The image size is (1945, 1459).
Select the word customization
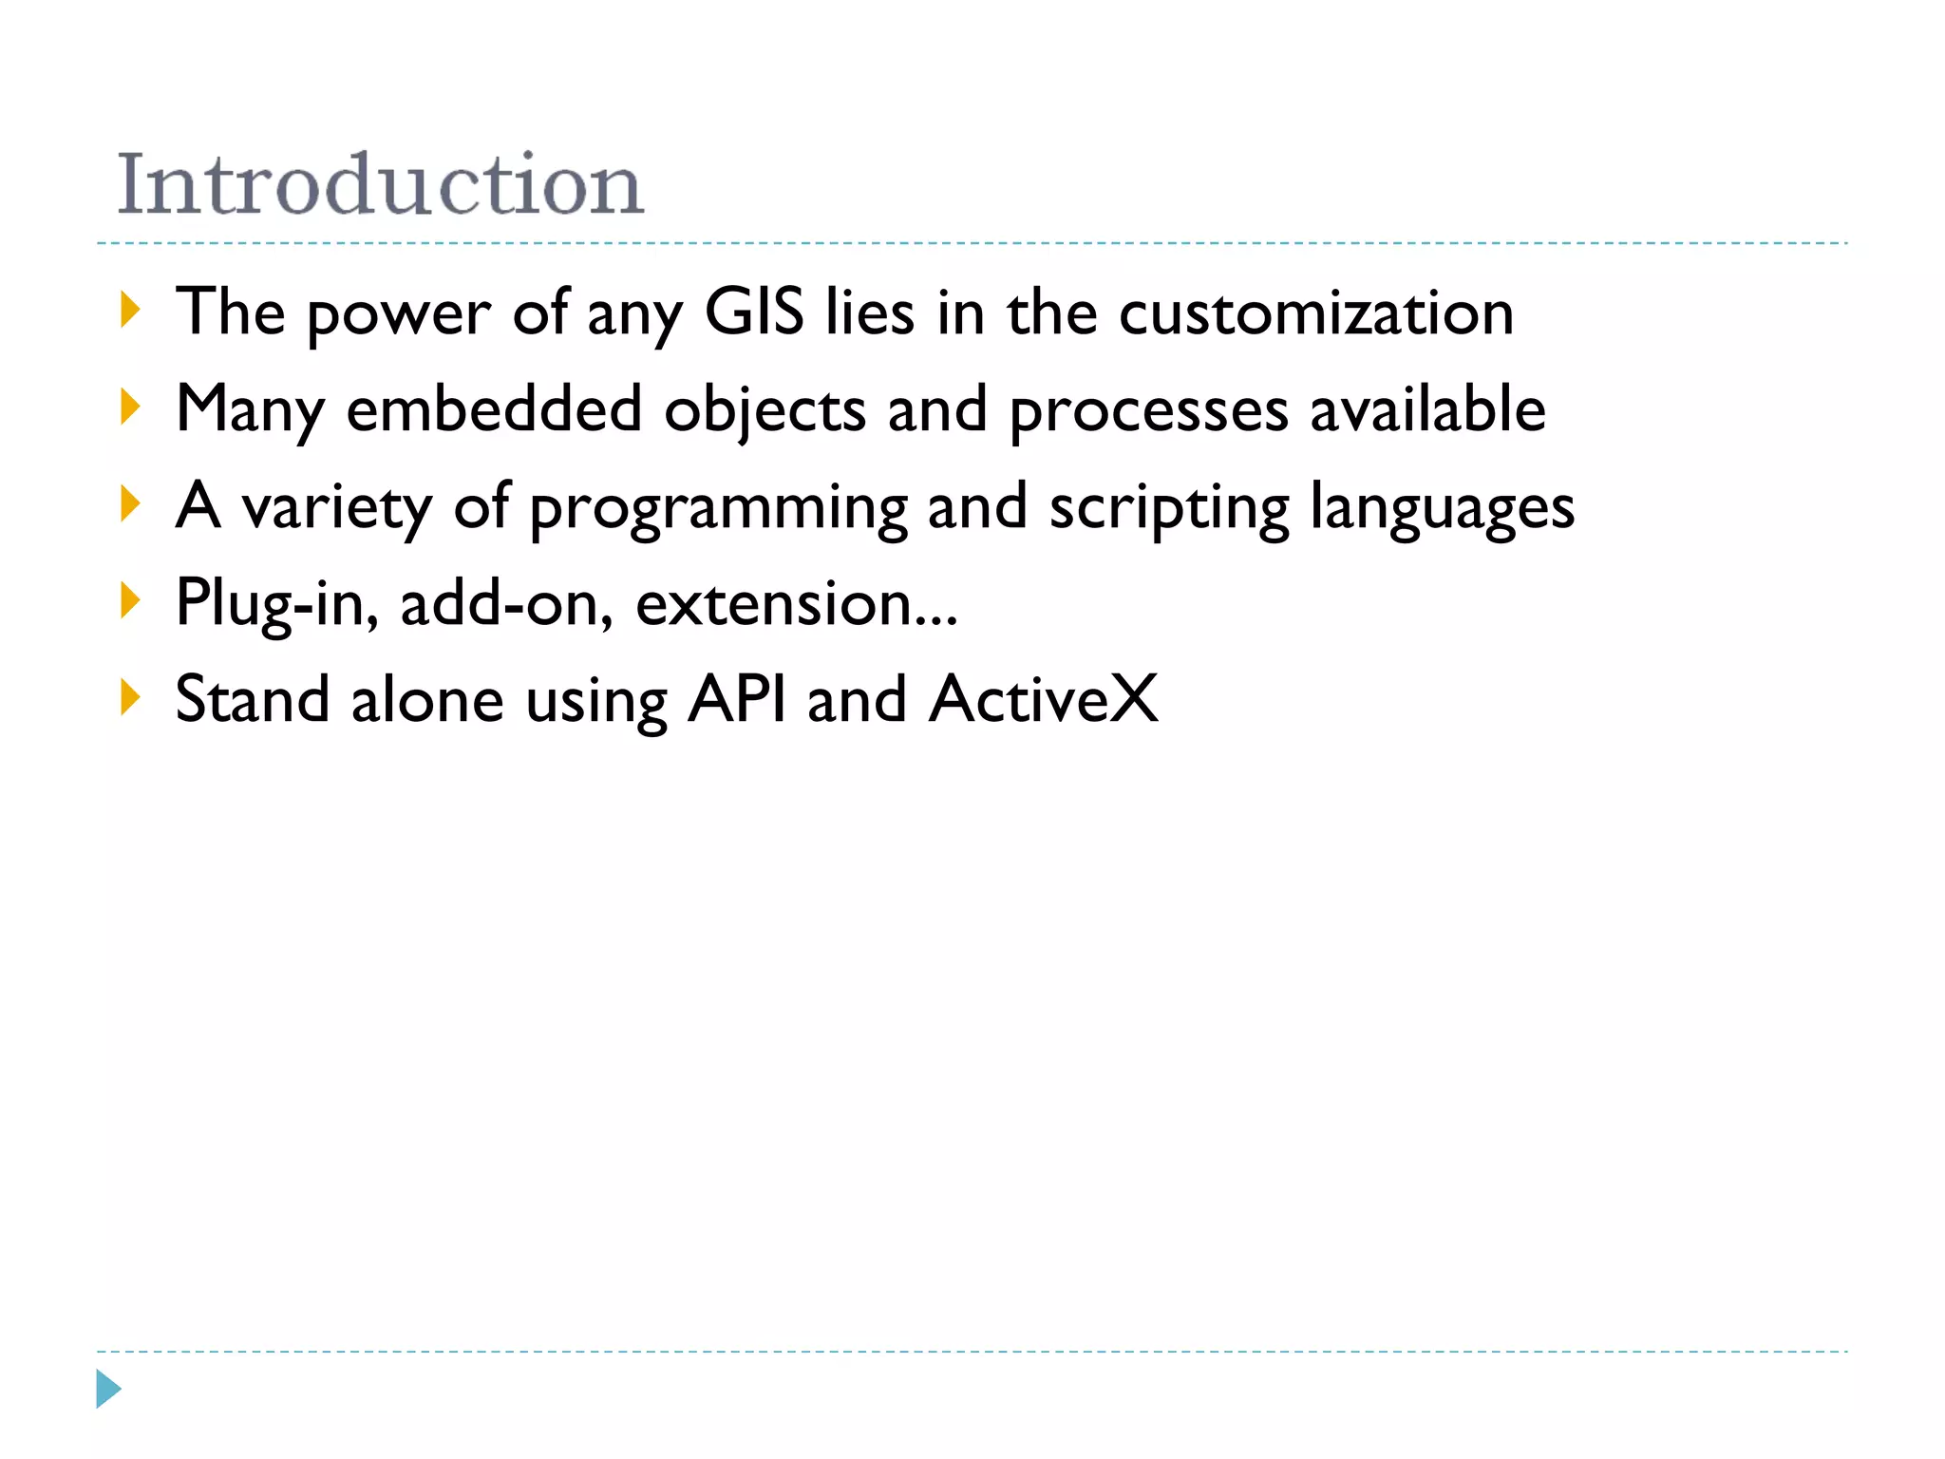pos(1316,313)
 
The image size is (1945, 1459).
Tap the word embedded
pos(494,409)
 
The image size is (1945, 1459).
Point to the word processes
pos(1148,411)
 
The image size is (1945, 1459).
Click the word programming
pos(718,509)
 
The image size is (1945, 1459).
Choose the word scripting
pos(1169,509)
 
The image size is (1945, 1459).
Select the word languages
pos(1443,509)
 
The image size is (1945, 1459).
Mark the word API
pos(737,699)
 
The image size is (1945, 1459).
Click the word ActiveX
pos(1044,699)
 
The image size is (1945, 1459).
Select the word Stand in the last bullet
pos(253,699)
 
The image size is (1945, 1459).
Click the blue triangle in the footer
pos(108,1389)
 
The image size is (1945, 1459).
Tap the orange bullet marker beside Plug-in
pos(130,600)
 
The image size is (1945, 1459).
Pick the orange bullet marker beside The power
pos(130,311)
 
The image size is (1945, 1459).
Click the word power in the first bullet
pos(398,314)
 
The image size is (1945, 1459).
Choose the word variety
pos(336,507)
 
